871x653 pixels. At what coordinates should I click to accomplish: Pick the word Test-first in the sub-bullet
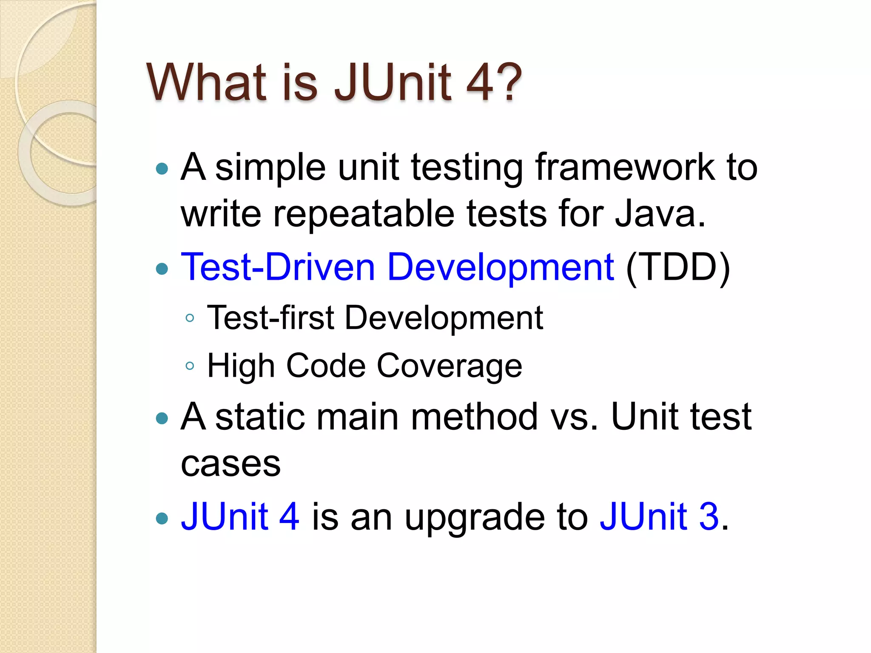270,318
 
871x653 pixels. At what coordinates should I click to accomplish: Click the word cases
231,463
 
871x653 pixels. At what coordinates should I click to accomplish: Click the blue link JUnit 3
659,517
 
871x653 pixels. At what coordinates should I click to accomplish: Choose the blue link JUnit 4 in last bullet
240,517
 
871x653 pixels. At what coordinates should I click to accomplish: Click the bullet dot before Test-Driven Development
162,269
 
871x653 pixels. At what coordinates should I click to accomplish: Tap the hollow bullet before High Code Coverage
190,366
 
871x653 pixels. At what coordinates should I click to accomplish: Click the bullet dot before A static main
162,419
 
